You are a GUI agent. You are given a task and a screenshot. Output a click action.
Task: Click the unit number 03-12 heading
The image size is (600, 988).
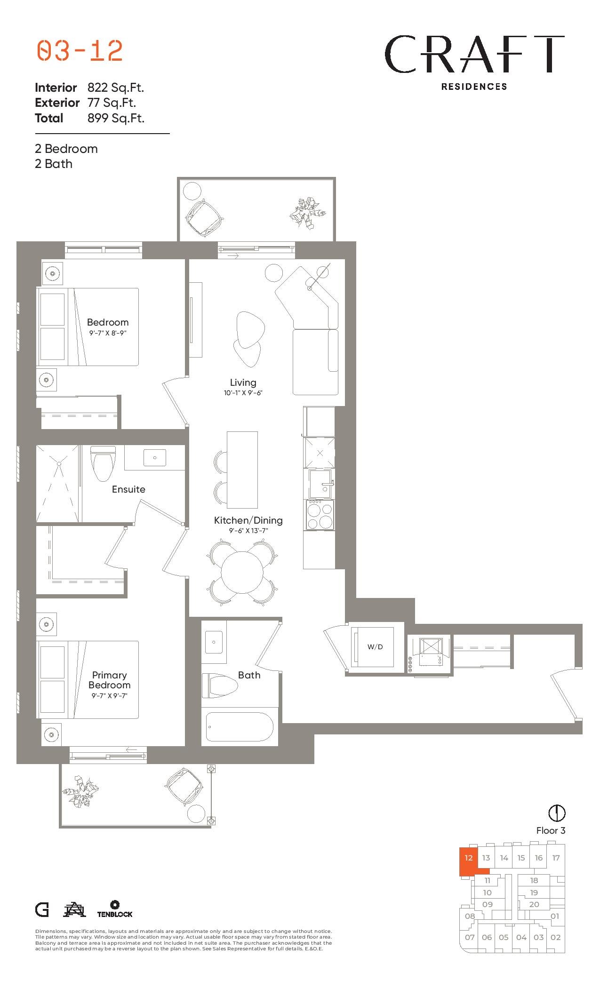[x=80, y=51]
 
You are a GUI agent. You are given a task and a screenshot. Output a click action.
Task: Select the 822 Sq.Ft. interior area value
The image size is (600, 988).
[x=116, y=88]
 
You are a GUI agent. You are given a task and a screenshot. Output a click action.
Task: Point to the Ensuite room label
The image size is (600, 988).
[x=128, y=489]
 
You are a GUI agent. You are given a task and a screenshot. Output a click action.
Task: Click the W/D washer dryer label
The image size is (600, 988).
[x=375, y=647]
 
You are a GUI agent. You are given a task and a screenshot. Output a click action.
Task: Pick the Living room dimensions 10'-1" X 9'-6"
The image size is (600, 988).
[x=243, y=393]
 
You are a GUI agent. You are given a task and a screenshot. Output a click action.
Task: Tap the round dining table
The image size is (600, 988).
[x=242, y=572]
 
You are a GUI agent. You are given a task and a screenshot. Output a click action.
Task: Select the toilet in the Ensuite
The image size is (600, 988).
[x=103, y=463]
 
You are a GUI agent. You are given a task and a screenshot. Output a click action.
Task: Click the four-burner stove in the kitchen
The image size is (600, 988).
[x=320, y=515]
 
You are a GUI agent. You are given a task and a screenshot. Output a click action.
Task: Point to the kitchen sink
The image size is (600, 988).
[x=321, y=484]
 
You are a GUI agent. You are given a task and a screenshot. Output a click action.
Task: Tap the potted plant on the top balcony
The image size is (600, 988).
[x=307, y=213]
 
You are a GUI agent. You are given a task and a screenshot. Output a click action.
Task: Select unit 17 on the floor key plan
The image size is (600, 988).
[x=556, y=858]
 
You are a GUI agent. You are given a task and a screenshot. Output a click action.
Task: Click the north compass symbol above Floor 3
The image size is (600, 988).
[x=557, y=813]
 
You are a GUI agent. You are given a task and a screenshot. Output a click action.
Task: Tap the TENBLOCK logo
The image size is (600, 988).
[x=115, y=909]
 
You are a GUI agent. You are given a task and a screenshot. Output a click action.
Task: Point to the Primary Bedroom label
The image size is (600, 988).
[x=110, y=680]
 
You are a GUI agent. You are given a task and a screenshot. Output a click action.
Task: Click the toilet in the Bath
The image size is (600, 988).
[x=220, y=685]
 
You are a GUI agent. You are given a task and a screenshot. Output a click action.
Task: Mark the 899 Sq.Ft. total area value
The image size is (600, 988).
[x=116, y=118]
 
